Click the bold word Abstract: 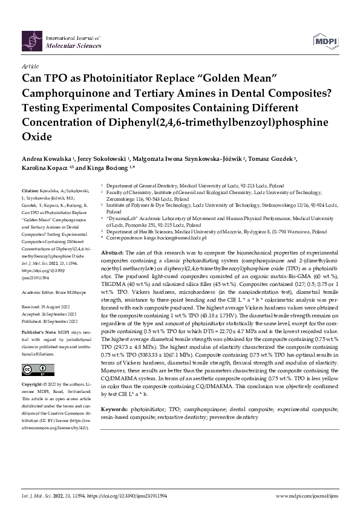[112, 251]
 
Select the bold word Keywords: [114, 392]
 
